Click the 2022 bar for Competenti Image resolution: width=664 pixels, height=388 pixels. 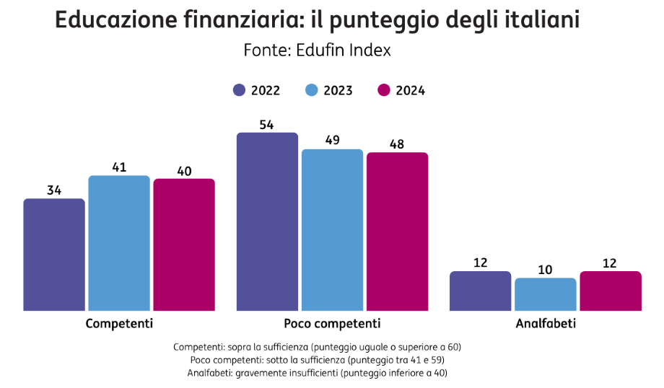click(x=54, y=255)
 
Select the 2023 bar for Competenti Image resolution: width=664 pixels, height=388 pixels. click(x=119, y=243)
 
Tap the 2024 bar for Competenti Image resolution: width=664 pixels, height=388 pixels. click(x=184, y=244)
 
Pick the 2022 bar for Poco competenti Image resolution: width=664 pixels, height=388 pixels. click(x=267, y=221)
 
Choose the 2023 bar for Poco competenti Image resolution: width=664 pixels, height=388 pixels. click(x=332, y=230)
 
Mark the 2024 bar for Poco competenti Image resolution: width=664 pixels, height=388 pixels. click(x=397, y=232)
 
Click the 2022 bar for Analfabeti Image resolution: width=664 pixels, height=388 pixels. click(x=480, y=291)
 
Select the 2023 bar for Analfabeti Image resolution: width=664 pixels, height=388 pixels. click(x=545, y=294)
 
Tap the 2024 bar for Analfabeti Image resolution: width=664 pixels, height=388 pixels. click(x=610, y=291)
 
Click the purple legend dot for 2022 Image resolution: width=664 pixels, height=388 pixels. click(x=240, y=90)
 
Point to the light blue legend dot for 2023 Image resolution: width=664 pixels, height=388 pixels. click(x=312, y=90)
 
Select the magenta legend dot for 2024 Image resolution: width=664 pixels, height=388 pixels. click(x=384, y=90)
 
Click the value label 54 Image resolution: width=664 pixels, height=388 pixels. click(x=266, y=124)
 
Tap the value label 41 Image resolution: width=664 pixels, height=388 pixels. click(x=119, y=167)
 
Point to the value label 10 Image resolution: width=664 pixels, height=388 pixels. click(x=545, y=270)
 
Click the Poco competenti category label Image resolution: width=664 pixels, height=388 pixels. click(x=332, y=323)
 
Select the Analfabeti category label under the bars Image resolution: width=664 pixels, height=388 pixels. click(x=545, y=323)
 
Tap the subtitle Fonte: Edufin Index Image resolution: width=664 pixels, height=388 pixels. click(x=317, y=50)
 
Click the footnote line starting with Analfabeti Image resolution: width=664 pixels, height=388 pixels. click(x=318, y=373)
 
